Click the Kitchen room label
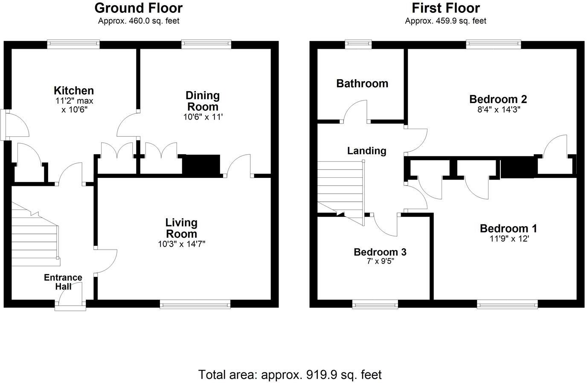(74, 91)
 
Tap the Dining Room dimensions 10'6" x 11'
(203, 117)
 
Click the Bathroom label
(362, 83)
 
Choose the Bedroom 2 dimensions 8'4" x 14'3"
(498, 109)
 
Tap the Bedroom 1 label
(508, 229)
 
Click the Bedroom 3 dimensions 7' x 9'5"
(380, 261)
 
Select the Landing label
(366, 150)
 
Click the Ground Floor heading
(138, 8)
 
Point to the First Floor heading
(445, 8)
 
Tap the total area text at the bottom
(290, 375)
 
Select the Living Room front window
(195, 304)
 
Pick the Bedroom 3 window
(375, 304)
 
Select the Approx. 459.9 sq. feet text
(445, 21)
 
